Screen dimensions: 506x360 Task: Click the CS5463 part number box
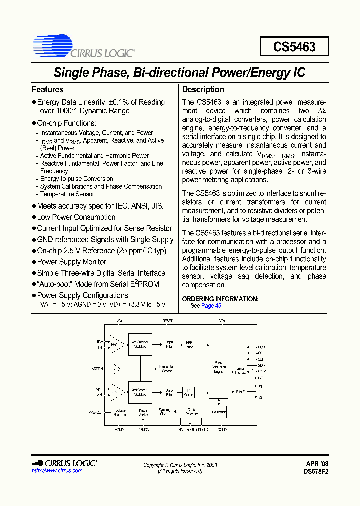pos(294,47)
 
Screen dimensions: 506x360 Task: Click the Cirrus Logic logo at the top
pos(83,47)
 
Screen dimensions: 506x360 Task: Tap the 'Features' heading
pos(47,90)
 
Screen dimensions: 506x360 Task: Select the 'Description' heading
pos(203,90)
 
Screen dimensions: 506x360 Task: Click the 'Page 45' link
pos(211,306)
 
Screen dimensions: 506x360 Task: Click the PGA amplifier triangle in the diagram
pos(116,344)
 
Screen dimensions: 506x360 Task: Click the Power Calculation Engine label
pos(219,367)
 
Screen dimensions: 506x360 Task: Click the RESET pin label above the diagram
pos(168,321)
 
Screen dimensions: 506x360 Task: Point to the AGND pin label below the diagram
pos(119,429)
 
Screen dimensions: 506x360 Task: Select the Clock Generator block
pos(191,412)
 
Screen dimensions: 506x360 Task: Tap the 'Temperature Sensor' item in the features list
pos(67,194)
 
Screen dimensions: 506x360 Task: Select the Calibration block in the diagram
pos(219,412)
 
